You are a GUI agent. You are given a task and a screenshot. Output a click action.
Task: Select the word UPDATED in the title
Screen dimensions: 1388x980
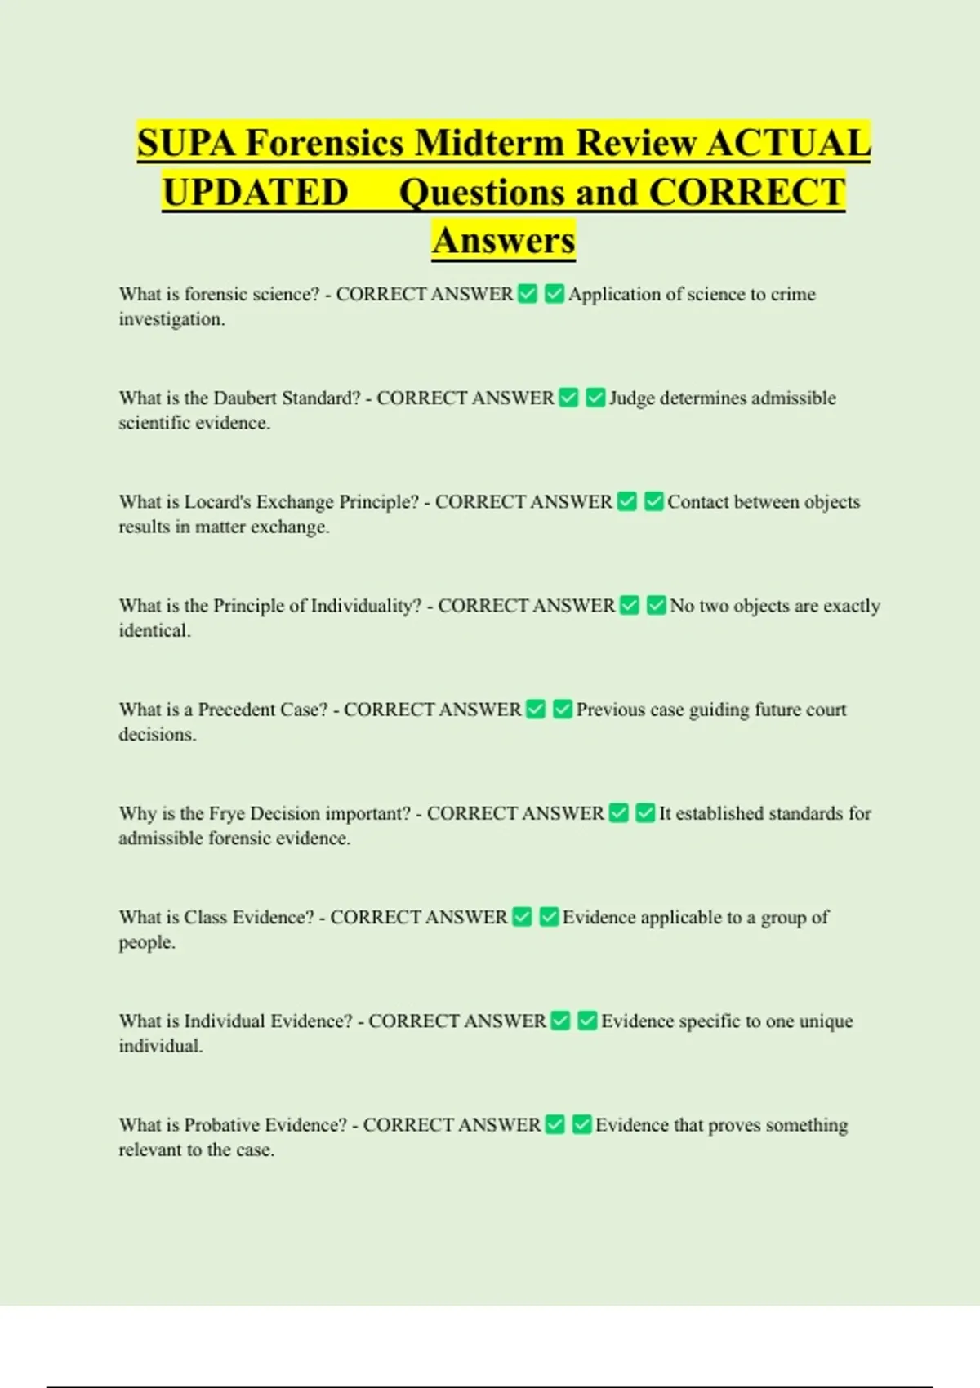256,193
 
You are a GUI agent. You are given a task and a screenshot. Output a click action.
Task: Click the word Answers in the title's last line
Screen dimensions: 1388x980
504,241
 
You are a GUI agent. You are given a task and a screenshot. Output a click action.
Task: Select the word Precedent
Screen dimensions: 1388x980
237,710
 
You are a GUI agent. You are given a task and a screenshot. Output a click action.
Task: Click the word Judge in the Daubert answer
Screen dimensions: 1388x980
631,398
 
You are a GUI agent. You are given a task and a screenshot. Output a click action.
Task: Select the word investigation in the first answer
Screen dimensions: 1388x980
171,319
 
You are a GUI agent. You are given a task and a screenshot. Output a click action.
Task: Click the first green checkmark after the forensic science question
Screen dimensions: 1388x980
528,294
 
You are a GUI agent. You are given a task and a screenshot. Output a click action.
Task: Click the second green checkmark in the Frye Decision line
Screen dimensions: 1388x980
645,813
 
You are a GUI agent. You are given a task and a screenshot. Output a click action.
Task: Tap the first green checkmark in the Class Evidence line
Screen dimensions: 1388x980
522,917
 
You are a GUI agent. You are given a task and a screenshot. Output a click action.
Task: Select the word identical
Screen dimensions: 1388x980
154,630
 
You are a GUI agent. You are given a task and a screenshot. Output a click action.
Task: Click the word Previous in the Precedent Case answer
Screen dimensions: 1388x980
611,710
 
